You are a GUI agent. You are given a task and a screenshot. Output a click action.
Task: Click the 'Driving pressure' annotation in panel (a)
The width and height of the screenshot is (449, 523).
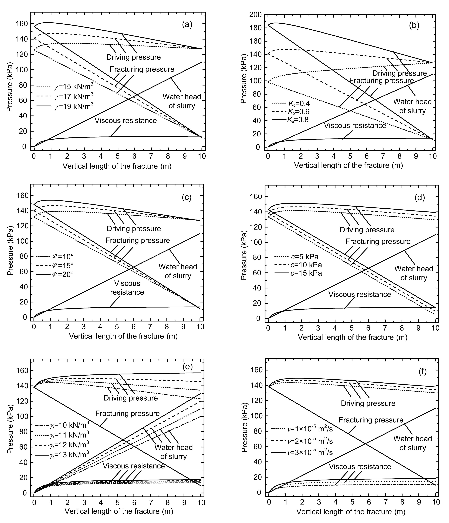133,57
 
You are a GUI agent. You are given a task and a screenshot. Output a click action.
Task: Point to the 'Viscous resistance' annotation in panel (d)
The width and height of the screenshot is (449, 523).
360,294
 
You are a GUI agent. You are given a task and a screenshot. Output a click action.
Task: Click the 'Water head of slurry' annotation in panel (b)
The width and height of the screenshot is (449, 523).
412,106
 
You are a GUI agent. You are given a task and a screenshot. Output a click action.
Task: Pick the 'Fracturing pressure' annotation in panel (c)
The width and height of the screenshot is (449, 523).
138,240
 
